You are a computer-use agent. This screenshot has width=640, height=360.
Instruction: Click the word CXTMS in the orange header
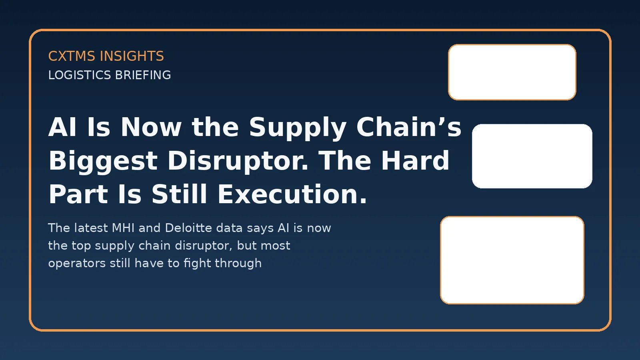click(72, 56)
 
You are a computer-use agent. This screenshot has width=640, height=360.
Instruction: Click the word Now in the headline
click(151, 127)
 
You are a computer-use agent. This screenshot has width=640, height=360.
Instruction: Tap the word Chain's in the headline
click(409, 127)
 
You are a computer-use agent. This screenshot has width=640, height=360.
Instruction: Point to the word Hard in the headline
click(415, 161)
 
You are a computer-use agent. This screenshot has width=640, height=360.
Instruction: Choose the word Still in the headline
click(180, 194)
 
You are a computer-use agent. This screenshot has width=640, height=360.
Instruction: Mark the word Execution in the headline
click(292, 194)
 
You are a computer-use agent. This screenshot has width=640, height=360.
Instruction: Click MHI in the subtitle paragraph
click(123, 228)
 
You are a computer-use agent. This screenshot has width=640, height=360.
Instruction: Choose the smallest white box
click(512, 72)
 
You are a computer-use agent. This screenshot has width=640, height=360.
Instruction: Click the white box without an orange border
click(532, 156)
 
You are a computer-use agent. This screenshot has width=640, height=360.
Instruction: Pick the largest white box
click(512, 260)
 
